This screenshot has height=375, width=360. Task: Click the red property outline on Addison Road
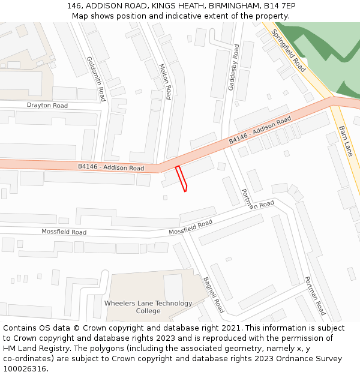coord(181,179)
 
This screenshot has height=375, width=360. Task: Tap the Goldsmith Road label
coord(96,79)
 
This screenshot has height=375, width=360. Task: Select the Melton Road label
coord(165,82)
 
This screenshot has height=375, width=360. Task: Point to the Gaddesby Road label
coord(233,67)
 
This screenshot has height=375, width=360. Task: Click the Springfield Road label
coord(289,51)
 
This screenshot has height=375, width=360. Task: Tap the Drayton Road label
coord(47,106)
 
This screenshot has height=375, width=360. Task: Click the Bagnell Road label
coord(213,295)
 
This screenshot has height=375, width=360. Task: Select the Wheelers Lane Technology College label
coord(148,307)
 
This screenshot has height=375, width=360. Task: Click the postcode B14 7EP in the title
coord(280,6)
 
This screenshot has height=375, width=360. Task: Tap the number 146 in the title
coord(75,6)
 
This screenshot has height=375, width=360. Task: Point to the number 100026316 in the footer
coord(25,369)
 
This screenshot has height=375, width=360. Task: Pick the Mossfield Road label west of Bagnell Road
coord(64,232)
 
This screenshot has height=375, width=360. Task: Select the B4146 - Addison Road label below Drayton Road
coord(111,167)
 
